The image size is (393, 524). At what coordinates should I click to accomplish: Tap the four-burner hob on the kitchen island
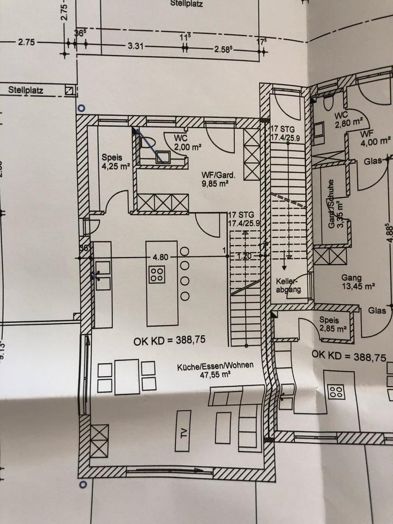pyautogui.click(x=157, y=274)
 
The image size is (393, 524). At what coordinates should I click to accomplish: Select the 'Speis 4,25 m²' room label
pyautogui.click(x=115, y=163)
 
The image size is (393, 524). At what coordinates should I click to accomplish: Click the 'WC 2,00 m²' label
pyautogui.click(x=184, y=142)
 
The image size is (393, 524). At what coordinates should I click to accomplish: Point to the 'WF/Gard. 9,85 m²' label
pyautogui.click(x=218, y=180)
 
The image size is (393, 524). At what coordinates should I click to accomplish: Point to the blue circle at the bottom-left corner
pyautogui.click(x=83, y=484)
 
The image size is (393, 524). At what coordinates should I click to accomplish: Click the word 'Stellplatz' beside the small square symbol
pyautogui.click(x=26, y=90)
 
